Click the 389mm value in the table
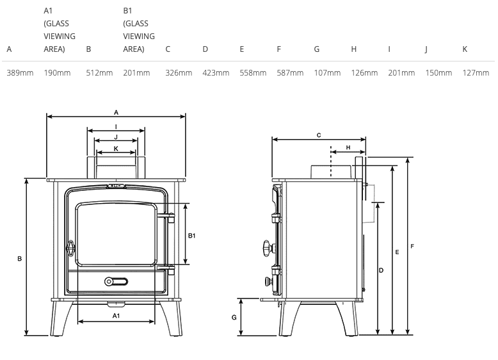[20, 73]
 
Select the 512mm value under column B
[99, 73]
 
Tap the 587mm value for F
[290, 73]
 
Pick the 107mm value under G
[328, 73]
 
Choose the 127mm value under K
[476, 73]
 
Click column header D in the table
[205, 49]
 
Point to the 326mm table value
[179, 73]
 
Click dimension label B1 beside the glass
[192, 236]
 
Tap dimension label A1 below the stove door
[116, 316]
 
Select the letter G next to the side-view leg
[234, 317]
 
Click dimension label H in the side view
[348, 147]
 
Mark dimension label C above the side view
[319, 135]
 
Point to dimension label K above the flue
[116, 149]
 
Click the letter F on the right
[412, 246]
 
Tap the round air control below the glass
[109, 281]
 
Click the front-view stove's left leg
[60, 318]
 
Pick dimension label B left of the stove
[19, 259]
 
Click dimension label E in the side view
[397, 252]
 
